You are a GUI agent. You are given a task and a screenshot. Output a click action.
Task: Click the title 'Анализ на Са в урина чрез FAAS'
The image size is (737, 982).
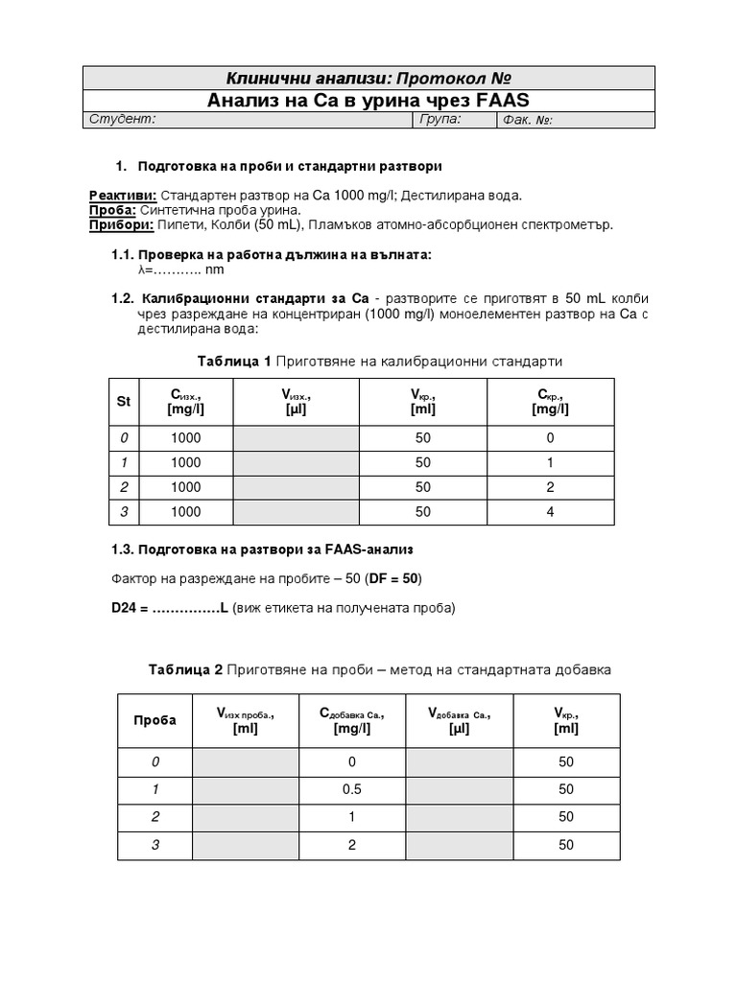[x=368, y=101]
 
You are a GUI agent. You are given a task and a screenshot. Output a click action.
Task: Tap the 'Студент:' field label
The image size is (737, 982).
[x=122, y=120]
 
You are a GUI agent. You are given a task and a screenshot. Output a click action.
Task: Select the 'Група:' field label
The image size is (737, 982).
[x=440, y=120]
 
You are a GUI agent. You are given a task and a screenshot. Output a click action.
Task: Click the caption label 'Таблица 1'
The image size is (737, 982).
[x=233, y=362]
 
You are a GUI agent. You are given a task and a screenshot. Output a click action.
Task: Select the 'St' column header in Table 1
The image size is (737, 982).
[x=123, y=402]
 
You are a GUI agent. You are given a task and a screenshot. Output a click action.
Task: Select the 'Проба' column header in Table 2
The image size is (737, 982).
[x=154, y=720]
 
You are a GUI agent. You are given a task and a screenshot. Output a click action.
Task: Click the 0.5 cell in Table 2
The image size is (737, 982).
[x=352, y=788]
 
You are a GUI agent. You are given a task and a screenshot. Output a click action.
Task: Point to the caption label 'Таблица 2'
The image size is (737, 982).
[x=184, y=669]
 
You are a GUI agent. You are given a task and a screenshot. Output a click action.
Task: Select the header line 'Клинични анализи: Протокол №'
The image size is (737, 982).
[x=368, y=78]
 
